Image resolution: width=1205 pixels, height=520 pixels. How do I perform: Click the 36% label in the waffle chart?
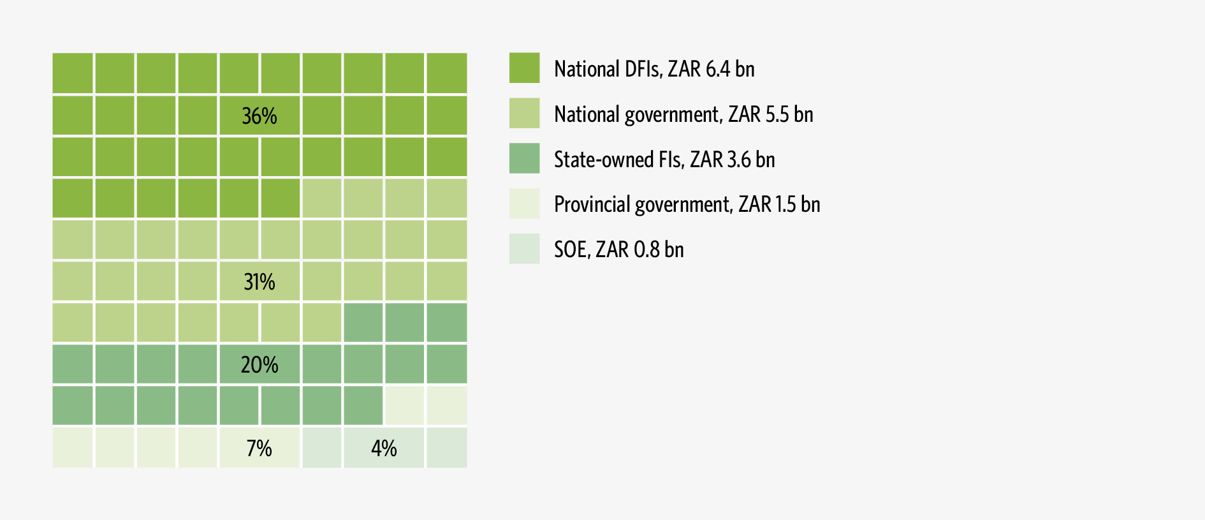[259, 116]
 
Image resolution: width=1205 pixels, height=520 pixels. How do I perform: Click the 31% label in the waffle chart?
[259, 281]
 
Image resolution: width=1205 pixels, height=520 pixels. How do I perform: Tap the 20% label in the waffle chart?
[259, 365]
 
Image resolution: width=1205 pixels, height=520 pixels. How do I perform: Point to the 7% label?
[259, 449]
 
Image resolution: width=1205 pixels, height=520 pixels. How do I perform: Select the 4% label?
[384, 449]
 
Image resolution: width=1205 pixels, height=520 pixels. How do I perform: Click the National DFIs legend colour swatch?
[524, 68]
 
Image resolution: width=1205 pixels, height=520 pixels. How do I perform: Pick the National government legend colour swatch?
[524, 114]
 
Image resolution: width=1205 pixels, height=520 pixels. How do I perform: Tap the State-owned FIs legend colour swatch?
[524, 158]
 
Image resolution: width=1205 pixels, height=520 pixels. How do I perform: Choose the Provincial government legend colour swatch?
[524, 204]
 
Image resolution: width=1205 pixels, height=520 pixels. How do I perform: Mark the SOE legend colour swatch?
[524, 249]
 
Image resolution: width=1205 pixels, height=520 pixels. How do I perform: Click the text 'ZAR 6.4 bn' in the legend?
[711, 69]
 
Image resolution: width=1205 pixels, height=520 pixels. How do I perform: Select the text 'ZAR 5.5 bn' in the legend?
[770, 114]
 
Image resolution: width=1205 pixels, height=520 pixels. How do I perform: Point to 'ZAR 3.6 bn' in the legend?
[732, 160]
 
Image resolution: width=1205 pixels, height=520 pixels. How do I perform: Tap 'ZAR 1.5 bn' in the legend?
[779, 204]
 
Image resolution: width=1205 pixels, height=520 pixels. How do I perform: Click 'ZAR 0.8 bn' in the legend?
[639, 249]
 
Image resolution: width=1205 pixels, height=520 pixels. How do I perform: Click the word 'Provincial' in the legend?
[583, 204]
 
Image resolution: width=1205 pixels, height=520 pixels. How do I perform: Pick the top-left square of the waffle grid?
[73, 73]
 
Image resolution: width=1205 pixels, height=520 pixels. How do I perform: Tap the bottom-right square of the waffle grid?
[446, 448]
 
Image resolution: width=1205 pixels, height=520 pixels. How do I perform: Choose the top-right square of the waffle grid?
[446, 73]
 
